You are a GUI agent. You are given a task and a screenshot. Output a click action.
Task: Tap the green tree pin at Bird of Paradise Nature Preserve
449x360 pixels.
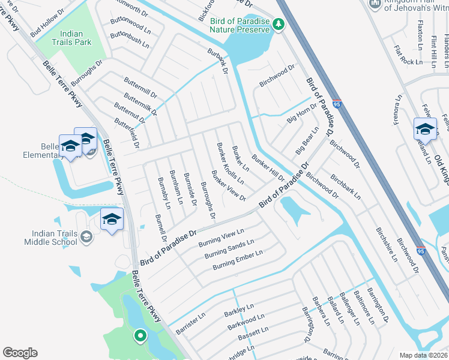[x=278, y=24]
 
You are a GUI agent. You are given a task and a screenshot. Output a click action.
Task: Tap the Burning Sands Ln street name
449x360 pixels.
[x=229, y=248]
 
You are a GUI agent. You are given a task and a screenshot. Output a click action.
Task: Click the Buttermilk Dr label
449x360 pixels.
[x=139, y=104]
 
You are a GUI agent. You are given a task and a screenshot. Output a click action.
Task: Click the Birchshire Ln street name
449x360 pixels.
[x=387, y=245]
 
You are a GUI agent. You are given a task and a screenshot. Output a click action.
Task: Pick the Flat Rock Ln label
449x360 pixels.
[x=408, y=53]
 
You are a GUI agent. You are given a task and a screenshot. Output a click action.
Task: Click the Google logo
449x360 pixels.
[x=20, y=353]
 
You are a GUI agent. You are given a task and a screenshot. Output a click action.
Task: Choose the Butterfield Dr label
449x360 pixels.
[x=127, y=132]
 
